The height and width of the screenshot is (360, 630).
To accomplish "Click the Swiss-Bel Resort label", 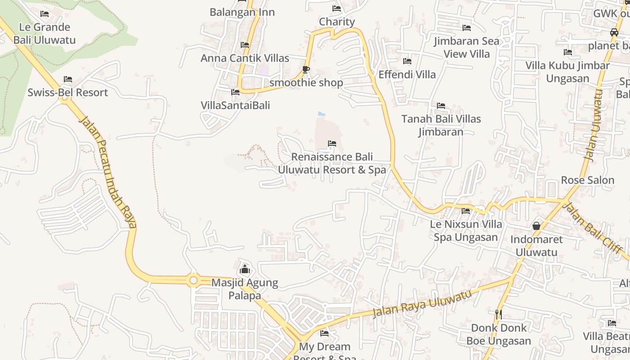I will [67, 93].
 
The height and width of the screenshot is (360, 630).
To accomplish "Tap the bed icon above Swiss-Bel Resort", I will [67, 79].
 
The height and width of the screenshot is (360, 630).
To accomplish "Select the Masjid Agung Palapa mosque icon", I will [245, 269].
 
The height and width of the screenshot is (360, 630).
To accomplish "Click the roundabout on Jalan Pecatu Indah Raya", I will [193, 280].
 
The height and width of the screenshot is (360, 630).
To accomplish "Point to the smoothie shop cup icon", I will [306, 69].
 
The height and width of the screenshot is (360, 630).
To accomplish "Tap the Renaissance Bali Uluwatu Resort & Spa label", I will [332, 163].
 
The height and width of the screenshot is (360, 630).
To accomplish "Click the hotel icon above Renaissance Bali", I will [332, 144].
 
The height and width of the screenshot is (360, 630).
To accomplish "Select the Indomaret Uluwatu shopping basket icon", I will [536, 226].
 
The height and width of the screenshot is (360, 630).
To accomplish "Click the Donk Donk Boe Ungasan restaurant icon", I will [498, 315].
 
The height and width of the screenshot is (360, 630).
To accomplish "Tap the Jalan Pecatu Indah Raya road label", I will [108, 171].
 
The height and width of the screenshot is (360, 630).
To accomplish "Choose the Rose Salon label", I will [587, 180].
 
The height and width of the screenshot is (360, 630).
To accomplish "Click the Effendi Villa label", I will [407, 75].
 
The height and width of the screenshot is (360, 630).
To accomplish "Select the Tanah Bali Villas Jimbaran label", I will [441, 126].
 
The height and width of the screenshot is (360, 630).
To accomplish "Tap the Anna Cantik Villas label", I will [245, 58].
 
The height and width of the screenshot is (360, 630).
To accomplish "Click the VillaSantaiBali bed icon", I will [235, 92].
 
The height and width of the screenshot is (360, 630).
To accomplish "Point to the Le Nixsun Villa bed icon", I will [466, 211].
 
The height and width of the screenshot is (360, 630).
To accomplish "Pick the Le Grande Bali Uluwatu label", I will [45, 33].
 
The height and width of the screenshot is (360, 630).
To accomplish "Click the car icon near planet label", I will [614, 32].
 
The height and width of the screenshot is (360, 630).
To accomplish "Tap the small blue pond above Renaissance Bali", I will [321, 114].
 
